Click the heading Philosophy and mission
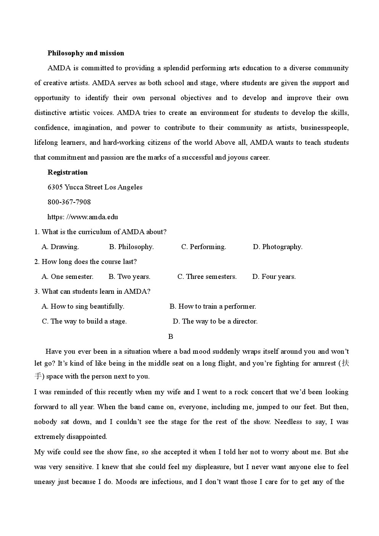click(85, 53)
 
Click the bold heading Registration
click(68, 172)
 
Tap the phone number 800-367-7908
click(69, 202)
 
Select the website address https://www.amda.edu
click(82, 217)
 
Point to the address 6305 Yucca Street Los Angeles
click(95, 187)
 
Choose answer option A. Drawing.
click(60, 247)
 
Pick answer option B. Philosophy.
click(131, 247)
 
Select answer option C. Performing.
click(203, 247)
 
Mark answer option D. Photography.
click(277, 247)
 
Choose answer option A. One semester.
click(68, 277)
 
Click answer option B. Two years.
click(129, 277)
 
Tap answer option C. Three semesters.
click(207, 277)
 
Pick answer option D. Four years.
click(274, 277)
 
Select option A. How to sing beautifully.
click(83, 306)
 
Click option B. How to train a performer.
click(213, 306)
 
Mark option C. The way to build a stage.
click(84, 321)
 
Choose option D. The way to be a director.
click(215, 321)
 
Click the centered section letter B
click(171, 337)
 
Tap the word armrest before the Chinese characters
click(324, 363)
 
